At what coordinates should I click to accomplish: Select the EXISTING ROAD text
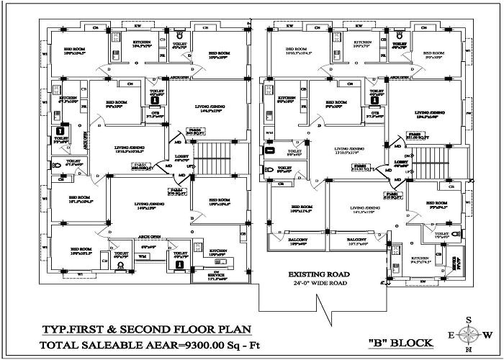pos(319,275)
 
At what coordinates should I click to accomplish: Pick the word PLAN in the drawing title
pos(232,330)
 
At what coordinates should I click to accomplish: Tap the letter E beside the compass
pos(451,336)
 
